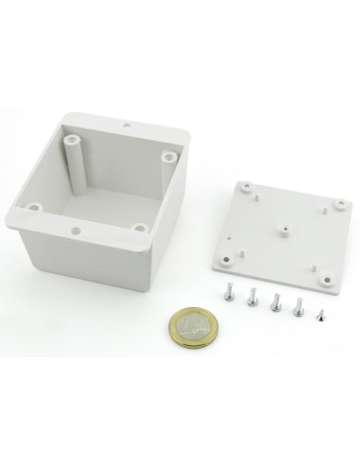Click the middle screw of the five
pyautogui.click(x=276, y=303)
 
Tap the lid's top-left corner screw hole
pyautogui.click(x=248, y=187)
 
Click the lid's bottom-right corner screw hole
pyautogui.click(x=324, y=278)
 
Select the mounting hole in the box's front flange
pyautogui.click(x=74, y=229)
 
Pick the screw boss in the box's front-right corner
pyautogui.click(x=139, y=227)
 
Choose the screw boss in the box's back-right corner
pyautogui.click(x=168, y=156)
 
